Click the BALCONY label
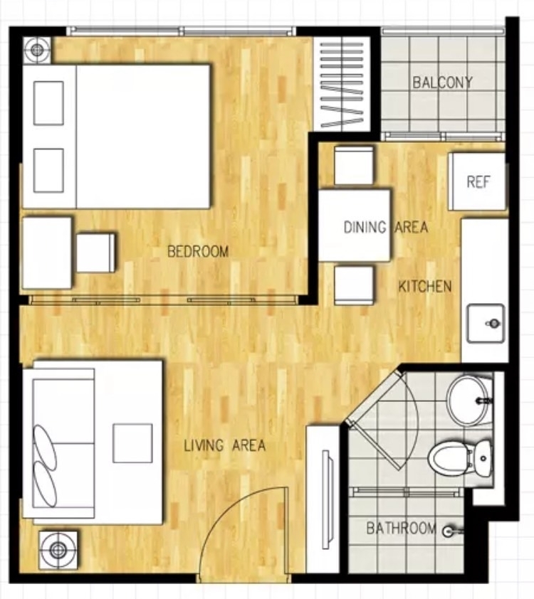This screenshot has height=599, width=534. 442,83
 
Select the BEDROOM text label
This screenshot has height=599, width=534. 198,251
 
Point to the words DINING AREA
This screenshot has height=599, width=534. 385,227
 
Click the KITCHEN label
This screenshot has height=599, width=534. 425,287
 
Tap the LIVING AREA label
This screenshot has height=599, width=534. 225,445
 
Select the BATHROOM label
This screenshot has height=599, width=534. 402,529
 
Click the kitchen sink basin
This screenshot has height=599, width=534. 485,323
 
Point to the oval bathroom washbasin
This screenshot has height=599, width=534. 468,401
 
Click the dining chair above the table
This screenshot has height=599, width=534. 354,165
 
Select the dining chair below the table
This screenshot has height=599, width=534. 354,285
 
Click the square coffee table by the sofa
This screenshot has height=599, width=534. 132,442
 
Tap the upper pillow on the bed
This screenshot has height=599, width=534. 48,102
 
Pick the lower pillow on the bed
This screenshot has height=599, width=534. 48,170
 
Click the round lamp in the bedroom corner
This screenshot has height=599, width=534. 37,49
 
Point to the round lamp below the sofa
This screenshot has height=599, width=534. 58,550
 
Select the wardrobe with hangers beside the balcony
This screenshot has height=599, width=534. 342,85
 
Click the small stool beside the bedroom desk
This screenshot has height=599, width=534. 95,253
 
